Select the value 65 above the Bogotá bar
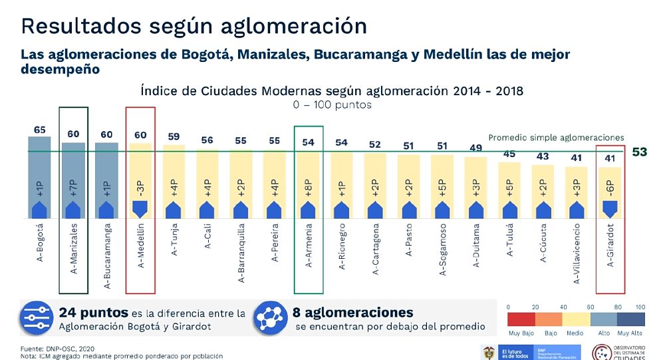(40, 130)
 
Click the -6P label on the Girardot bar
(610, 188)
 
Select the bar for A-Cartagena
(375, 186)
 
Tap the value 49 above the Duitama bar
(475, 148)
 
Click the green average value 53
(639, 152)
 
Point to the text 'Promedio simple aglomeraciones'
(556, 138)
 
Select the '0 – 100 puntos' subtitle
(332, 105)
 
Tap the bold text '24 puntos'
(90, 313)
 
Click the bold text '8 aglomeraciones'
(353, 313)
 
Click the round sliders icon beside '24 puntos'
(37, 318)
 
